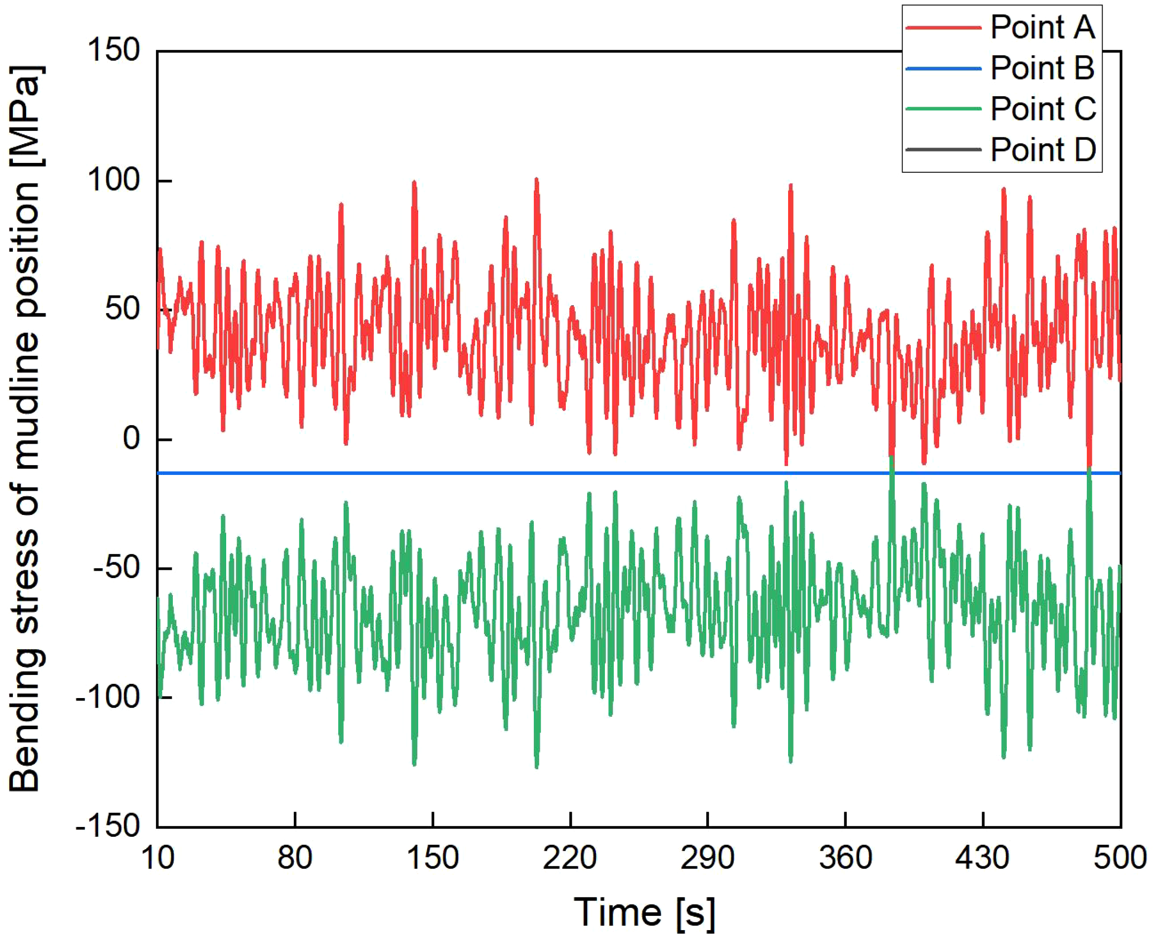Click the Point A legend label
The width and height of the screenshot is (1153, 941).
point(1042,27)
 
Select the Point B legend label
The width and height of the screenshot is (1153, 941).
point(1042,68)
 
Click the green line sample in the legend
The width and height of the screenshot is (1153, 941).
point(943,109)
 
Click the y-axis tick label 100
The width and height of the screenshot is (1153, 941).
point(114,180)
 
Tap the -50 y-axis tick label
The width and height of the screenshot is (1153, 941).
point(117,568)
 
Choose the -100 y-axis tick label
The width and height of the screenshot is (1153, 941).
point(109,697)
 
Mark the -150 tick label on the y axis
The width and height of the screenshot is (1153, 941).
point(109,826)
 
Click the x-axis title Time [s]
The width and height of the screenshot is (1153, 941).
point(644,913)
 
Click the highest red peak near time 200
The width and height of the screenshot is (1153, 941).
point(537,179)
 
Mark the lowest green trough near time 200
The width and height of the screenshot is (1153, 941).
point(537,766)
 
